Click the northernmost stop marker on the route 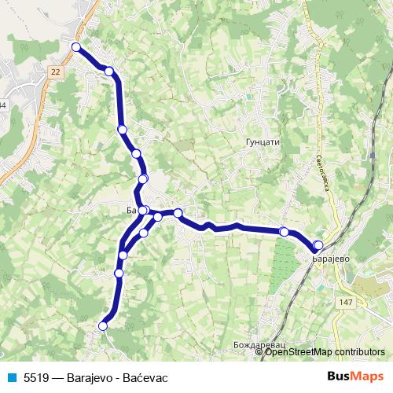(76, 47)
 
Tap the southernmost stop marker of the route (102, 325)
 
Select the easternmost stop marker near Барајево (318, 245)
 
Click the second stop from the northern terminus (109, 72)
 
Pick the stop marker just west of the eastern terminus (284, 232)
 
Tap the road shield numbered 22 (54, 72)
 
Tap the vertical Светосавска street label (321, 149)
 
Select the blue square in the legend (13, 377)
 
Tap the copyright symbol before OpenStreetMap (260, 352)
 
